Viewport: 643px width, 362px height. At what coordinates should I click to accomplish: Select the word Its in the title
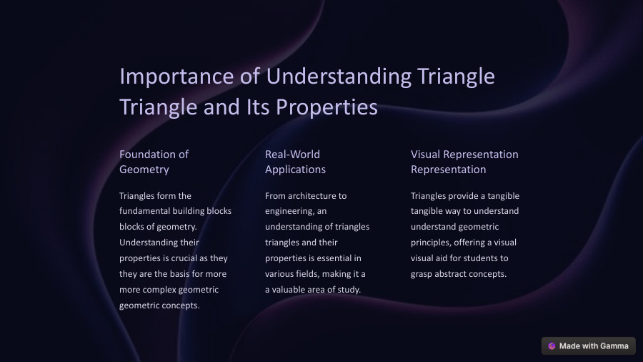click(258, 107)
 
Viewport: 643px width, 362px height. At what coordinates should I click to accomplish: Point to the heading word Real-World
click(292, 154)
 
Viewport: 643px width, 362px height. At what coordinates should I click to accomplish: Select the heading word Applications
click(295, 170)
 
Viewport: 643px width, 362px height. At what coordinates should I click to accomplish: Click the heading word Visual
click(425, 154)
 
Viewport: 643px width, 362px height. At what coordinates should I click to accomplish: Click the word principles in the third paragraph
click(432, 243)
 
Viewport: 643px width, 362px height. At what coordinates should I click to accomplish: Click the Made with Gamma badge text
click(593, 346)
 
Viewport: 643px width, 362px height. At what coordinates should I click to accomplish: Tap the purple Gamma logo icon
click(552, 346)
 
